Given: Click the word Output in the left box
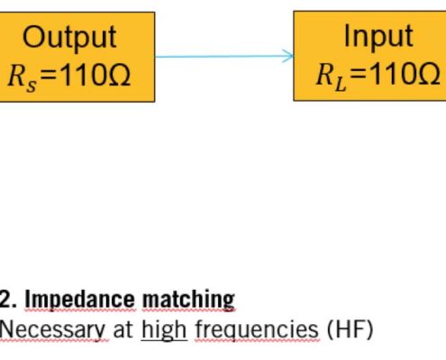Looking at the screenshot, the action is tap(69, 38).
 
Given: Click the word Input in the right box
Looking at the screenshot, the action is tap(378, 36).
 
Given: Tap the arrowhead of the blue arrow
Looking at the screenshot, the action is tap(287, 56).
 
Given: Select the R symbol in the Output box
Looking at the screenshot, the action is tap(16, 76).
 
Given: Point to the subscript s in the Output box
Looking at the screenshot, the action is tap(32, 85).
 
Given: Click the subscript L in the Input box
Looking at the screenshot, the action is tap(341, 85).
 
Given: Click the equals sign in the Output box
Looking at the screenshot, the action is tap(49, 76).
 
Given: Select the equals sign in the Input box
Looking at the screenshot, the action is tap(358, 76).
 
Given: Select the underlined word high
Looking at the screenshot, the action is tap(164, 330).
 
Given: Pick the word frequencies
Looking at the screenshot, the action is tap(257, 330).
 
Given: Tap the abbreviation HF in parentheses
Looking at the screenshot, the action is tap(350, 329).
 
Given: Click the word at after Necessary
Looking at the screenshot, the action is tap(123, 330).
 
